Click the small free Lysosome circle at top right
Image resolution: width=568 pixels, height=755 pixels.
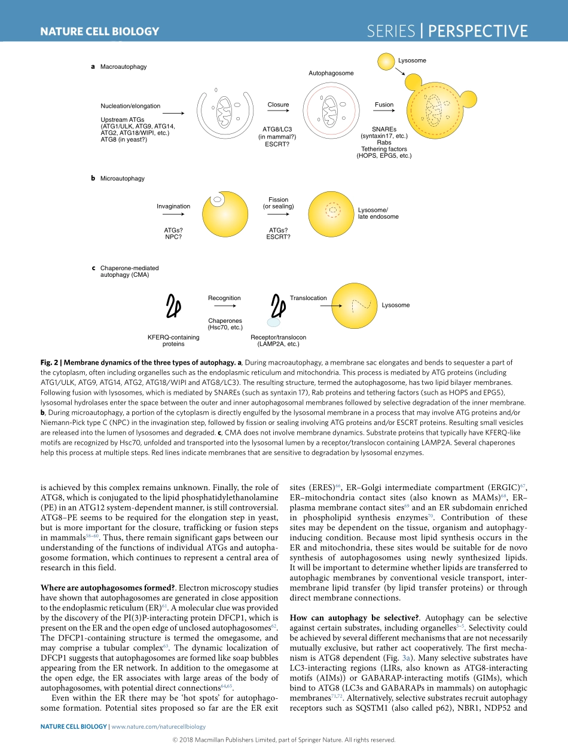coord(388,60)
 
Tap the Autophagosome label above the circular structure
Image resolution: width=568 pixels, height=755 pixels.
coord(331,73)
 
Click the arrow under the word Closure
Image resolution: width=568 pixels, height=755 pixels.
coord(278,112)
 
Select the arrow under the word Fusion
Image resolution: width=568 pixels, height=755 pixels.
coord(384,112)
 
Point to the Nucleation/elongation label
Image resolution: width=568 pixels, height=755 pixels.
coord(130,106)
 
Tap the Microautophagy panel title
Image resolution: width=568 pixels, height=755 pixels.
coord(122,178)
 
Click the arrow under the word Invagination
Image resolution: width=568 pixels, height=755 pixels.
coord(173,214)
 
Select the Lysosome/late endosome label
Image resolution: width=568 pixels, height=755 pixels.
coord(378,213)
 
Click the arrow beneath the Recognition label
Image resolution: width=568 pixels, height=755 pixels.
coord(224,305)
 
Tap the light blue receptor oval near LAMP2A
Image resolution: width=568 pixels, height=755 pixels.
coord(274,322)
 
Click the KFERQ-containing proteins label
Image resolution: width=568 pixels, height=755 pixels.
coord(173,341)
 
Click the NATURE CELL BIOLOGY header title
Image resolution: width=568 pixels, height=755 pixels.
coord(99,32)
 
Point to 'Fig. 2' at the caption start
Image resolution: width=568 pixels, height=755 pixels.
coord(50,362)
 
